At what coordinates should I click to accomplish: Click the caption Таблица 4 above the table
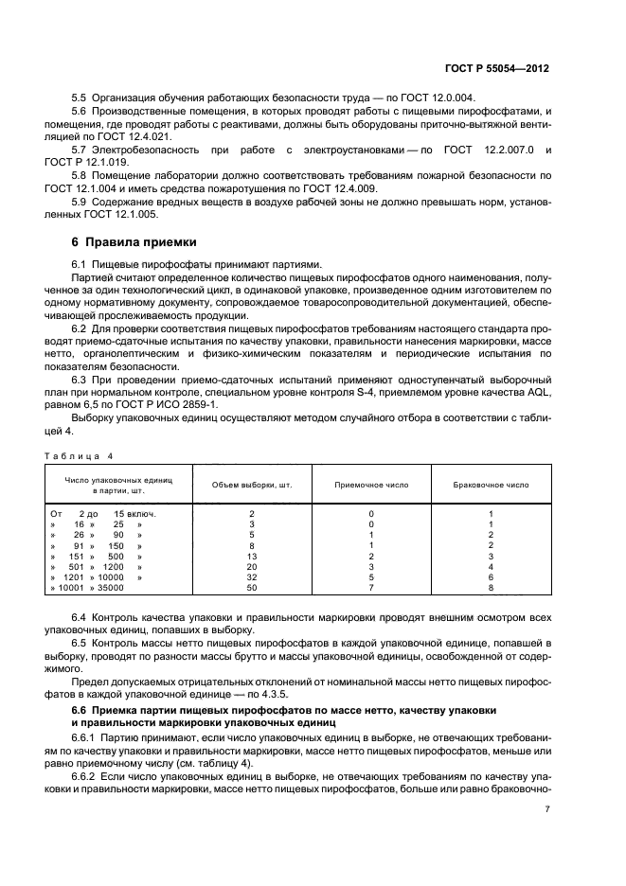tap(80, 455)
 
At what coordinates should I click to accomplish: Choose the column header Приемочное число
tap(371, 485)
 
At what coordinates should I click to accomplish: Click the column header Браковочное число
tap(492, 485)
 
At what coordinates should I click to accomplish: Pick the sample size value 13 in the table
tap(251, 557)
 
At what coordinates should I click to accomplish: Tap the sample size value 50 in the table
tap(251, 589)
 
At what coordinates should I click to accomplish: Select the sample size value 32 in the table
tap(251, 577)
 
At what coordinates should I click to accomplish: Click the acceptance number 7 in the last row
tap(371, 589)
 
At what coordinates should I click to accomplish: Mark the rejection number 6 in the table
tap(492, 577)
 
